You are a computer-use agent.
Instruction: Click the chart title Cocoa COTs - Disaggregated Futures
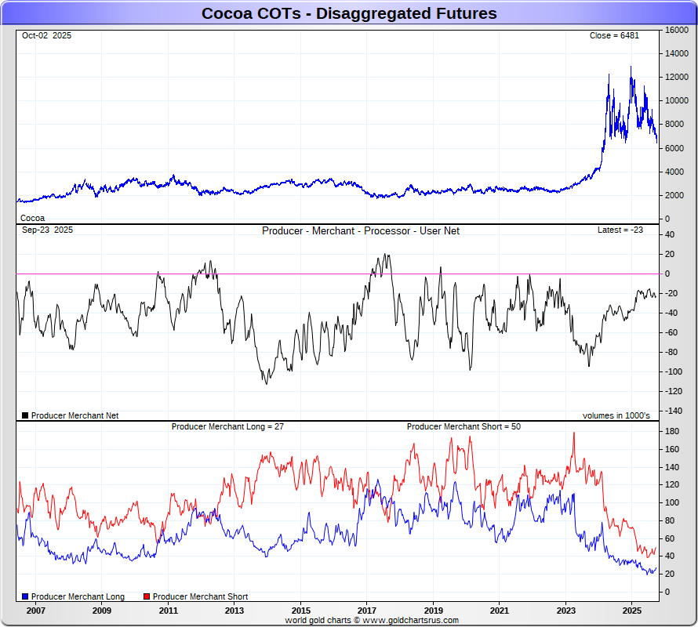pos(349,13)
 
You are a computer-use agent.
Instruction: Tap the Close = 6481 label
pos(616,36)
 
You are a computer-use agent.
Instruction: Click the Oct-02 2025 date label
pos(46,36)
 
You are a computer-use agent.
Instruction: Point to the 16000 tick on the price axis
pos(677,30)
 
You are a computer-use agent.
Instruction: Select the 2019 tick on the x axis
pos(434,610)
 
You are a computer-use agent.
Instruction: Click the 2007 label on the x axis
pos(36,610)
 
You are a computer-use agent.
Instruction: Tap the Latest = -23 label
pos(620,230)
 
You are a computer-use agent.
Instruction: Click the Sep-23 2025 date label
pos(47,230)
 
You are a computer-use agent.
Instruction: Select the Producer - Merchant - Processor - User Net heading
pos(361,231)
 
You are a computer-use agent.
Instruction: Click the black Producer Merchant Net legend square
pos(25,415)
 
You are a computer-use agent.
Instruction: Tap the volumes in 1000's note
pos(616,415)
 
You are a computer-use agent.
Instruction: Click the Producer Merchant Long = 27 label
pos(227,427)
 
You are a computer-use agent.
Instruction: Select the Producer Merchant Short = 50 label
pos(464,427)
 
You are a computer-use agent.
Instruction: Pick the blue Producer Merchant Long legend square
pos(25,597)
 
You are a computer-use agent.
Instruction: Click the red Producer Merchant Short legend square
pos(147,597)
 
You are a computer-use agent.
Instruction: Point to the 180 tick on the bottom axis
pos(673,432)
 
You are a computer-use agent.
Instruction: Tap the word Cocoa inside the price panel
pos(32,218)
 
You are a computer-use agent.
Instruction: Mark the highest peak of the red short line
pos(573,433)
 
